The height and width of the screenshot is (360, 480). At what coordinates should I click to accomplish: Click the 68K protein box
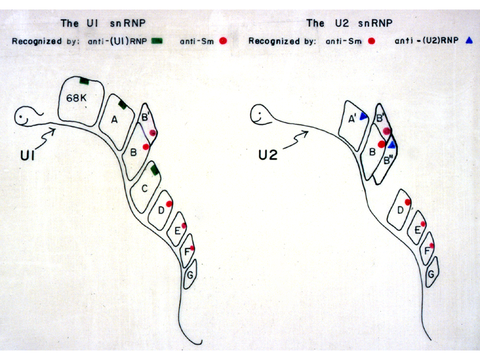[x=81, y=101]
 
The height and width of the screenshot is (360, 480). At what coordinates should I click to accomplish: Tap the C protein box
[x=145, y=187]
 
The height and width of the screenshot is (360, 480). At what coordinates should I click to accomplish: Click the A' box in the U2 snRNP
[x=353, y=125]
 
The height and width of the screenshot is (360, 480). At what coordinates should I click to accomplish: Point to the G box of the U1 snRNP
[x=190, y=274]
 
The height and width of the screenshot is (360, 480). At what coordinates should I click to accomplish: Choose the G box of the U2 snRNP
[x=432, y=272]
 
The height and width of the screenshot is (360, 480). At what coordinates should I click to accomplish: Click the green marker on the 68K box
[x=84, y=81]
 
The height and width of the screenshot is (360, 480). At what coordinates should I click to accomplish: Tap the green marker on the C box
[x=155, y=169]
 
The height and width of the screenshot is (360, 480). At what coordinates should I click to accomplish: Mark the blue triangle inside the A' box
[x=363, y=116]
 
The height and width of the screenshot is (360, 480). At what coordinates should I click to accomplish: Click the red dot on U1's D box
[x=169, y=204]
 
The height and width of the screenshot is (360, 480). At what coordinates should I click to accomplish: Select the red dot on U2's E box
[x=423, y=224]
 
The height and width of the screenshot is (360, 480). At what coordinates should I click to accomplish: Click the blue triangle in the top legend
[x=469, y=40]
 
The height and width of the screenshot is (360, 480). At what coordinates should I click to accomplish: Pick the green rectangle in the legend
[x=157, y=40]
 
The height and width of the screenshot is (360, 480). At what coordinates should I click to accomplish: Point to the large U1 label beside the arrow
[x=27, y=155]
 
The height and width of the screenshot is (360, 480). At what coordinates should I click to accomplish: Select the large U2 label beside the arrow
[x=268, y=155]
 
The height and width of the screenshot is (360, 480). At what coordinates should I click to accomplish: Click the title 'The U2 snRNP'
[x=349, y=23]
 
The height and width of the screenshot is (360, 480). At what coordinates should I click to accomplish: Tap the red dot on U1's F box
[x=192, y=248]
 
